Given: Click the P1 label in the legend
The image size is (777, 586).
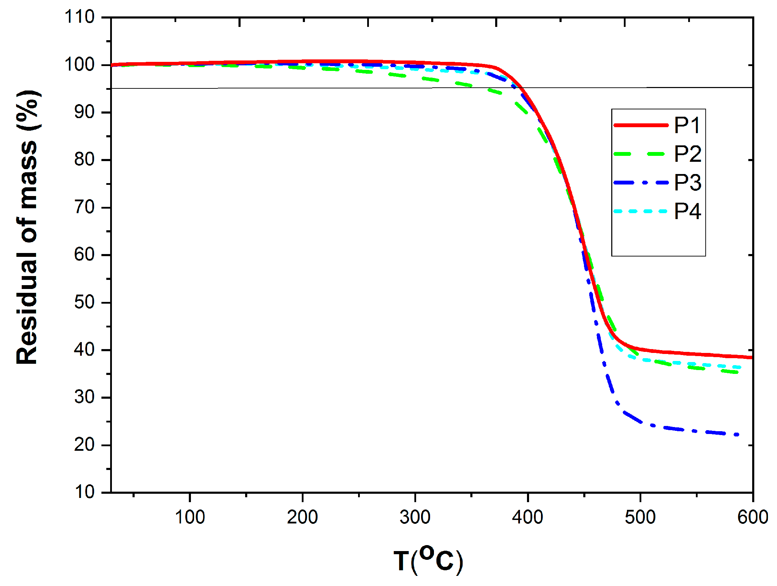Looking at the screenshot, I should click(x=687, y=125).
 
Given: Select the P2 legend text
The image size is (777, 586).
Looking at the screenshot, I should click(x=687, y=154).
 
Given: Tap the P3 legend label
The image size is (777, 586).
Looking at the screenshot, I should click(x=687, y=183).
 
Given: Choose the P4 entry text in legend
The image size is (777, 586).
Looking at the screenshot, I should click(x=687, y=212).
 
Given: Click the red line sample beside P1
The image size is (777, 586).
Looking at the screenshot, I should click(x=641, y=125).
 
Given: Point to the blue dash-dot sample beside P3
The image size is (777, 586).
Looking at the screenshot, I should click(x=641, y=182).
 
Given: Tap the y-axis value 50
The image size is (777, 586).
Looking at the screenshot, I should click(x=84, y=302).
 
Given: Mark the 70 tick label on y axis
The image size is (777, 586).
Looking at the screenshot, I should click(x=84, y=207).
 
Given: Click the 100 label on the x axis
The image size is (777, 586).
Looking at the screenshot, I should click(x=190, y=518).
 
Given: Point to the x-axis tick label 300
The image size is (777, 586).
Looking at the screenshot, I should click(x=415, y=518).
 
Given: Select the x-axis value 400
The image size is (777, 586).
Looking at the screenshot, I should click(x=528, y=518).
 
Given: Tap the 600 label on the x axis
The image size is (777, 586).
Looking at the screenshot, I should click(x=753, y=518).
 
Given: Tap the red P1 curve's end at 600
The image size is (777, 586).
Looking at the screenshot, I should click(x=751, y=357).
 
